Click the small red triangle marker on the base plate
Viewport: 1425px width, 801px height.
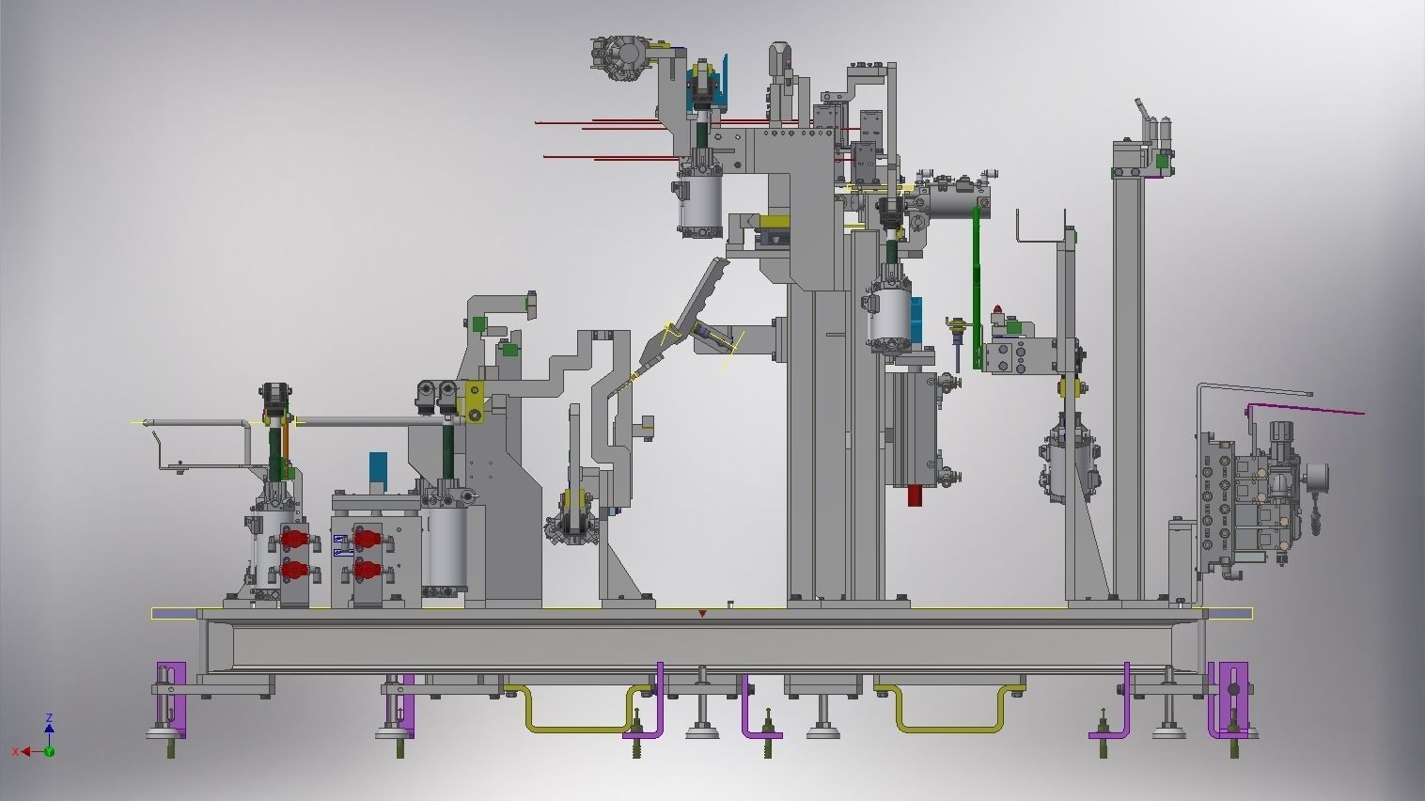point(703,614)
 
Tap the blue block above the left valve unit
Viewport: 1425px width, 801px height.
point(378,466)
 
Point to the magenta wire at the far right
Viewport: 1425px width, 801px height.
point(1307,408)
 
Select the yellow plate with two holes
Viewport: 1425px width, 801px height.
point(473,400)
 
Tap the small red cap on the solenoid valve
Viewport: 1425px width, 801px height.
point(998,309)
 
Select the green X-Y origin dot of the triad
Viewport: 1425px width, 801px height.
point(49,751)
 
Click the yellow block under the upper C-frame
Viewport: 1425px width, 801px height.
point(776,223)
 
